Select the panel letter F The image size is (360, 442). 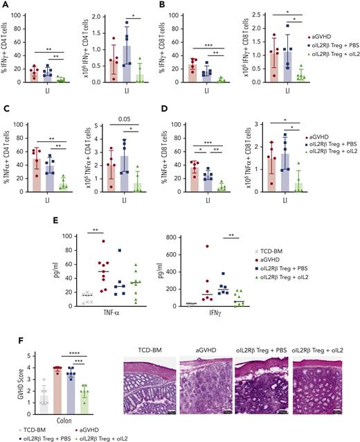[x=5, y=341]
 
